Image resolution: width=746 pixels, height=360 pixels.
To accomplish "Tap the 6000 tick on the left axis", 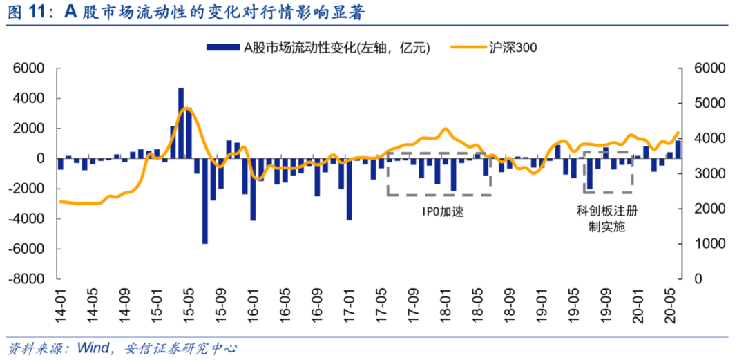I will [x=29, y=69].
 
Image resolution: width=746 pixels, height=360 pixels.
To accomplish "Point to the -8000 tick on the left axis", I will [x=26, y=278].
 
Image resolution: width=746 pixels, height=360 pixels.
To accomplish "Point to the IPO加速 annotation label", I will [x=439, y=211].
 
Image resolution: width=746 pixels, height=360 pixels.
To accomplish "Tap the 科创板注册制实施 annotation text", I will [x=606, y=218].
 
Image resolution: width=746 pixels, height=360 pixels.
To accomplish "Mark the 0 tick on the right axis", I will [x=693, y=278].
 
